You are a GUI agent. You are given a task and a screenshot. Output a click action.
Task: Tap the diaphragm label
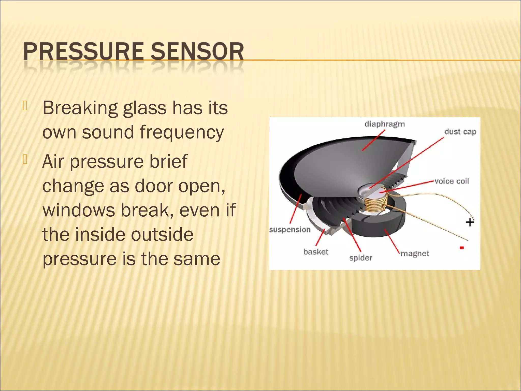(x=385, y=124)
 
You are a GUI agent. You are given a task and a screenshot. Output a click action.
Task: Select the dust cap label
(x=460, y=132)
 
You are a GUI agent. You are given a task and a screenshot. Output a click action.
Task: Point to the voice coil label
(x=452, y=181)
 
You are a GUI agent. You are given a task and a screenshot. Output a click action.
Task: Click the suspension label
(x=290, y=230)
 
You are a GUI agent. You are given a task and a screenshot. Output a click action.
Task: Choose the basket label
(x=316, y=252)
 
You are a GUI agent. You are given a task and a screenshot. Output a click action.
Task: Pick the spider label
(x=360, y=258)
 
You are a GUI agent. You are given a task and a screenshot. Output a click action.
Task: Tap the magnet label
(x=415, y=254)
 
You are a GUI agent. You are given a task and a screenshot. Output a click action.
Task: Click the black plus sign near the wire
(x=470, y=222)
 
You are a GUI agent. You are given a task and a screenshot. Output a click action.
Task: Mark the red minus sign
(x=462, y=248)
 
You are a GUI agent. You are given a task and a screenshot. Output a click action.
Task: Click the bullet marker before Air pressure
(x=25, y=159)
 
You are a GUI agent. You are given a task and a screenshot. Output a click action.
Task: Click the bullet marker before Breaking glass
(x=25, y=106)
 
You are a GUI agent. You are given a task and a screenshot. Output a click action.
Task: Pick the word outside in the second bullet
(x=162, y=234)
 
